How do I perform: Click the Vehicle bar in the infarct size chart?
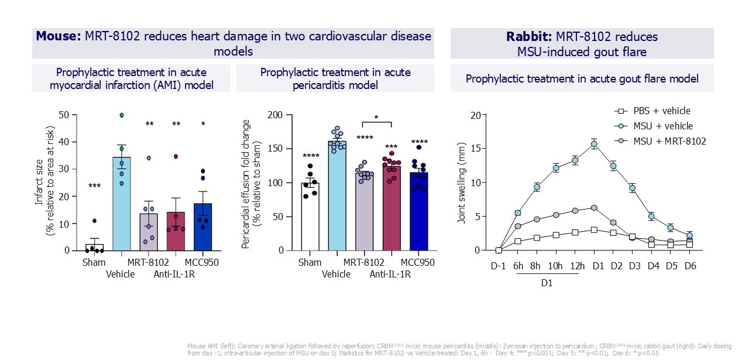pyautogui.click(x=122, y=205)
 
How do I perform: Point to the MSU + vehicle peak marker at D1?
pyautogui.click(x=594, y=144)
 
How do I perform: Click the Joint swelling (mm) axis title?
pyautogui.click(x=462, y=183)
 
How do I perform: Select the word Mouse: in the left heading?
pyautogui.click(x=58, y=37)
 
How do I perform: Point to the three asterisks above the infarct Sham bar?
pyautogui.click(x=94, y=186)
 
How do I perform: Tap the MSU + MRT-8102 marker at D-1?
pyautogui.click(x=499, y=250)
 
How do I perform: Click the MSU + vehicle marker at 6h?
pyautogui.click(x=517, y=213)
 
